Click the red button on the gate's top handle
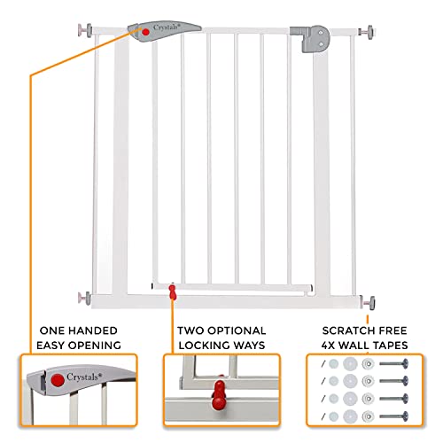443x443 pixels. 145,32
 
